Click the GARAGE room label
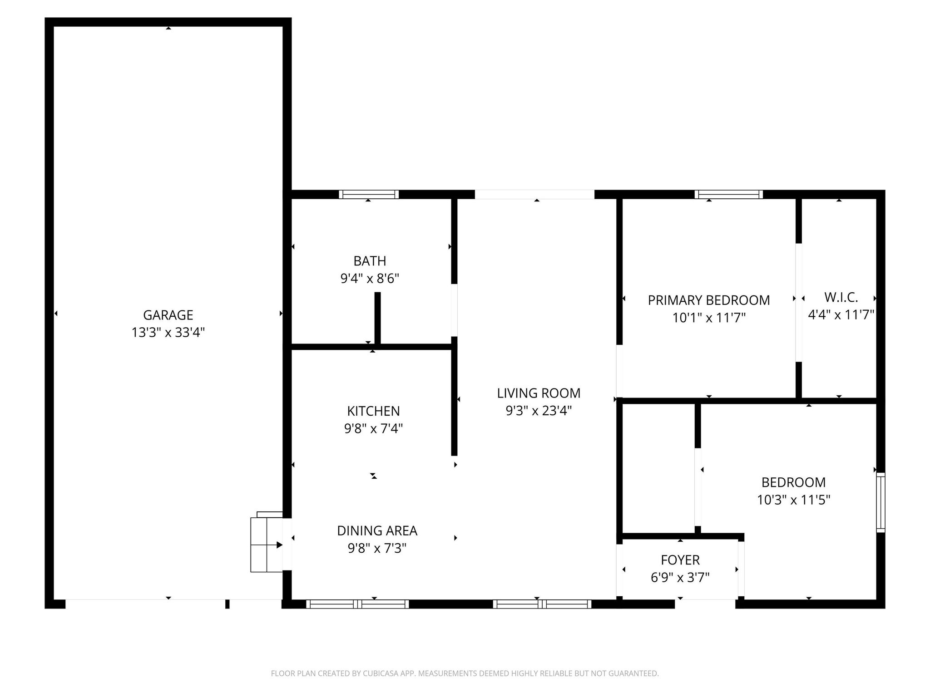tap(168, 315)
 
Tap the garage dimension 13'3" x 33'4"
tap(168, 333)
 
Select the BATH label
tap(370, 261)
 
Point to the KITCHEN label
tap(373, 411)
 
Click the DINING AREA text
tap(377, 530)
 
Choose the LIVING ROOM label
tap(539, 393)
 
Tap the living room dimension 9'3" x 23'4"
tap(539, 411)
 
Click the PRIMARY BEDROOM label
tap(708, 300)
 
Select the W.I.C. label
tap(841, 298)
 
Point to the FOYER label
tap(680, 560)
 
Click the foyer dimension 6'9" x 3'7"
tap(680, 578)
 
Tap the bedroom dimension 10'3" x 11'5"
tap(793, 500)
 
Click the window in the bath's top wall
tap(369, 195)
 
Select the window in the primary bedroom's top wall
tap(729, 195)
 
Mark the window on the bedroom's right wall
tap(881, 502)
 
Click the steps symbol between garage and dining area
tap(267, 543)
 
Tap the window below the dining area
tap(357, 604)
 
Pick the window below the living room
tap(542, 604)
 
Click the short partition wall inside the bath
tap(377, 318)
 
